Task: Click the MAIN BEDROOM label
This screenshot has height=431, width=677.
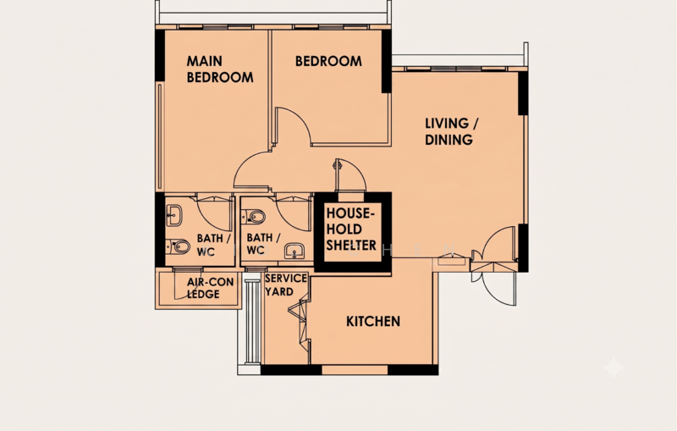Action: [x=220, y=69]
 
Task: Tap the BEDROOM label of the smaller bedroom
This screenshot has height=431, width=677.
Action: [x=328, y=61]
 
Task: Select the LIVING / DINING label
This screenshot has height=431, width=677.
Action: [x=452, y=131]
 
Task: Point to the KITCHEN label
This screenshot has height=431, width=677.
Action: [x=373, y=321]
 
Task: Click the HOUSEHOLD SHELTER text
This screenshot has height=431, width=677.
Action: [x=351, y=229]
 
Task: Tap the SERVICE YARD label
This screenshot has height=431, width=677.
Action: [x=286, y=285]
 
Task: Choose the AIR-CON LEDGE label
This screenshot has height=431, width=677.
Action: [x=210, y=288]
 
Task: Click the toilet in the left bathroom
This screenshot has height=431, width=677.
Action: [x=179, y=246]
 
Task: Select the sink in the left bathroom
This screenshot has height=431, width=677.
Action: [x=174, y=214]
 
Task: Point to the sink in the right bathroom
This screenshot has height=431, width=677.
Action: [x=294, y=251]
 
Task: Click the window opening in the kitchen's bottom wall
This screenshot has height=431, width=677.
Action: [x=355, y=370]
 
